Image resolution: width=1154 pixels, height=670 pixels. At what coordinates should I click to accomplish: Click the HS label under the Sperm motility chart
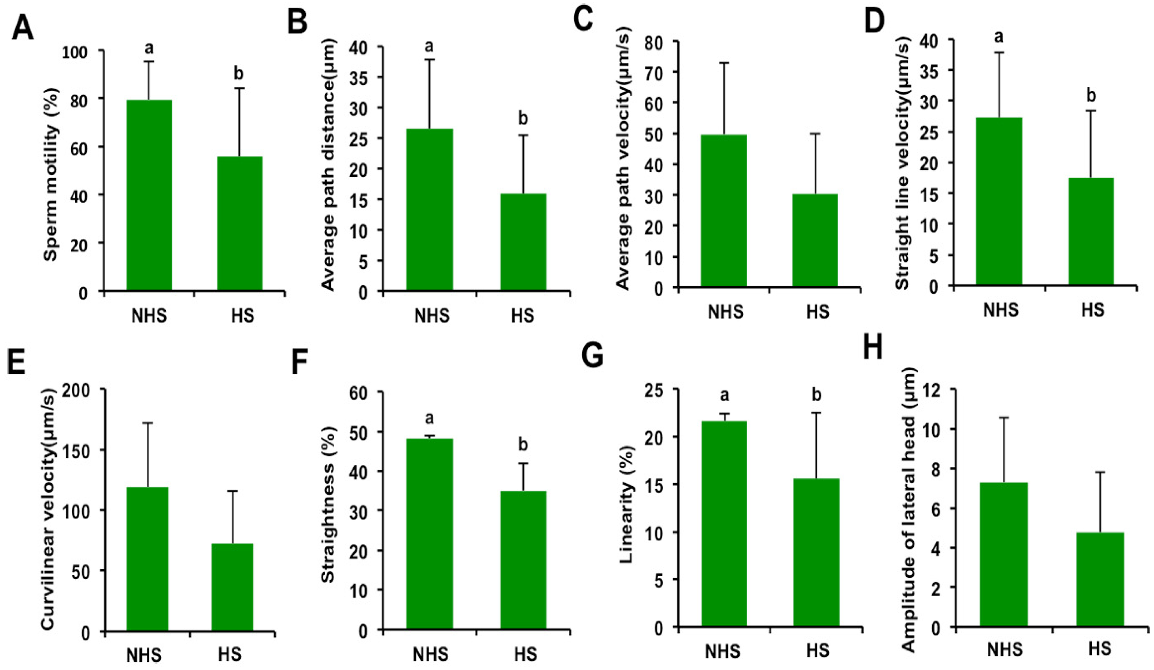coord(243,316)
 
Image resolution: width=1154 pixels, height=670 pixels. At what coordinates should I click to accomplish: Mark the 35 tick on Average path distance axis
coord(360,77)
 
